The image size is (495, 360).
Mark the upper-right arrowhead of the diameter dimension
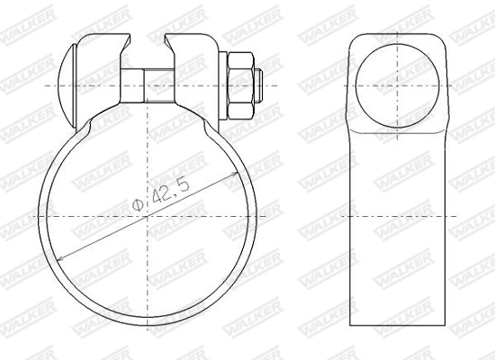[246, 170]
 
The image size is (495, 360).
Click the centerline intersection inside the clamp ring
[148, 217]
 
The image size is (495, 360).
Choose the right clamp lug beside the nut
[193, 54]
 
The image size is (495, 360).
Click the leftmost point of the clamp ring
[39, 217]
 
